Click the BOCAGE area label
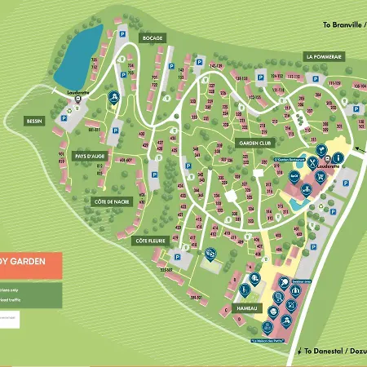153,38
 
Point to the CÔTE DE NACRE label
111,201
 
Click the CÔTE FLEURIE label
152,241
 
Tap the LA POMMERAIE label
324,56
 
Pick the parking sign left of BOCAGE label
122,34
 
